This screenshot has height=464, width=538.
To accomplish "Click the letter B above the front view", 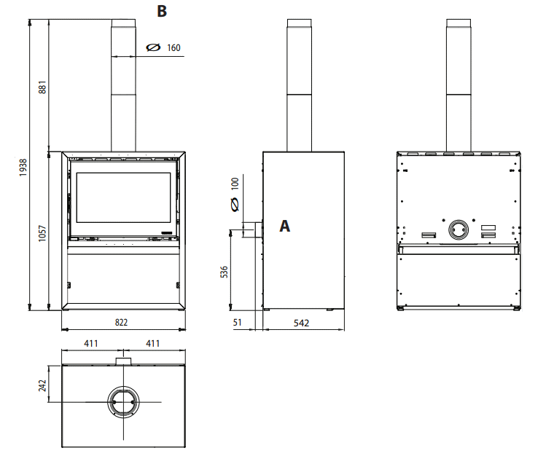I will [161, 11].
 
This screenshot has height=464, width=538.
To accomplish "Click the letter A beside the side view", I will [285, 227].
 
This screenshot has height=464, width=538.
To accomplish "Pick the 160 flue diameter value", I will [173, 48].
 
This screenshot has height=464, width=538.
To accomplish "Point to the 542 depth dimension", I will [302, 323].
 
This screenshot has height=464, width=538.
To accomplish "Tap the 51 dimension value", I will [238, 323].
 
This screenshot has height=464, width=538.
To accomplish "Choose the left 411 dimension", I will [90, 342].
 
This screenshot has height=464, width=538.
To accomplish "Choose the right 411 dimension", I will [153, 342].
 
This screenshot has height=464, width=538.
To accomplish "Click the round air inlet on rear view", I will [459, 229].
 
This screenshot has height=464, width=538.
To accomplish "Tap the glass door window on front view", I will [124, 198].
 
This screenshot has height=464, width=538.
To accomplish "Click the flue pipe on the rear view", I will [459, 87].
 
